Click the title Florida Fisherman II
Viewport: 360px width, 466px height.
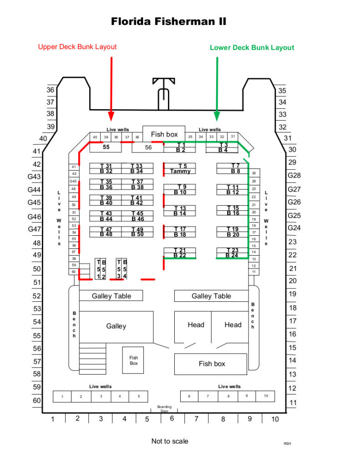click(x=169, y=21)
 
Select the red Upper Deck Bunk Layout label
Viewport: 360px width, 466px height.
click(x=77, y=46)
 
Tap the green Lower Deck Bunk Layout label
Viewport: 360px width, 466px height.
click(x=252, y=47)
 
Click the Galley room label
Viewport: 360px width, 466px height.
click(x=116, y=326)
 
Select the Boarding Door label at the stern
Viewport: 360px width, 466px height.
click(x=164, y=408)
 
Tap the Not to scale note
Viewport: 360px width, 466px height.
click(x=169, y=441)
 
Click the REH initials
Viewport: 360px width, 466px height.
click(x=287, y=443)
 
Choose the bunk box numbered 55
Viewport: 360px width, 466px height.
click(x=106, y=147)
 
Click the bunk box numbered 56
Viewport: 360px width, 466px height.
click(x=148, y=147)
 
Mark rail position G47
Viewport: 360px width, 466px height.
click(x=35, y=229)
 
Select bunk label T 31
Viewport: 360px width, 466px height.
click(x=106, y=166)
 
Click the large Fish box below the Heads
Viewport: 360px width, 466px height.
click(x=211, y=364)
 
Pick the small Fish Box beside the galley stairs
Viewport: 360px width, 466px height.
click(x=133, y=360)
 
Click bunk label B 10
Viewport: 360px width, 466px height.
click(x=180, y=192)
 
